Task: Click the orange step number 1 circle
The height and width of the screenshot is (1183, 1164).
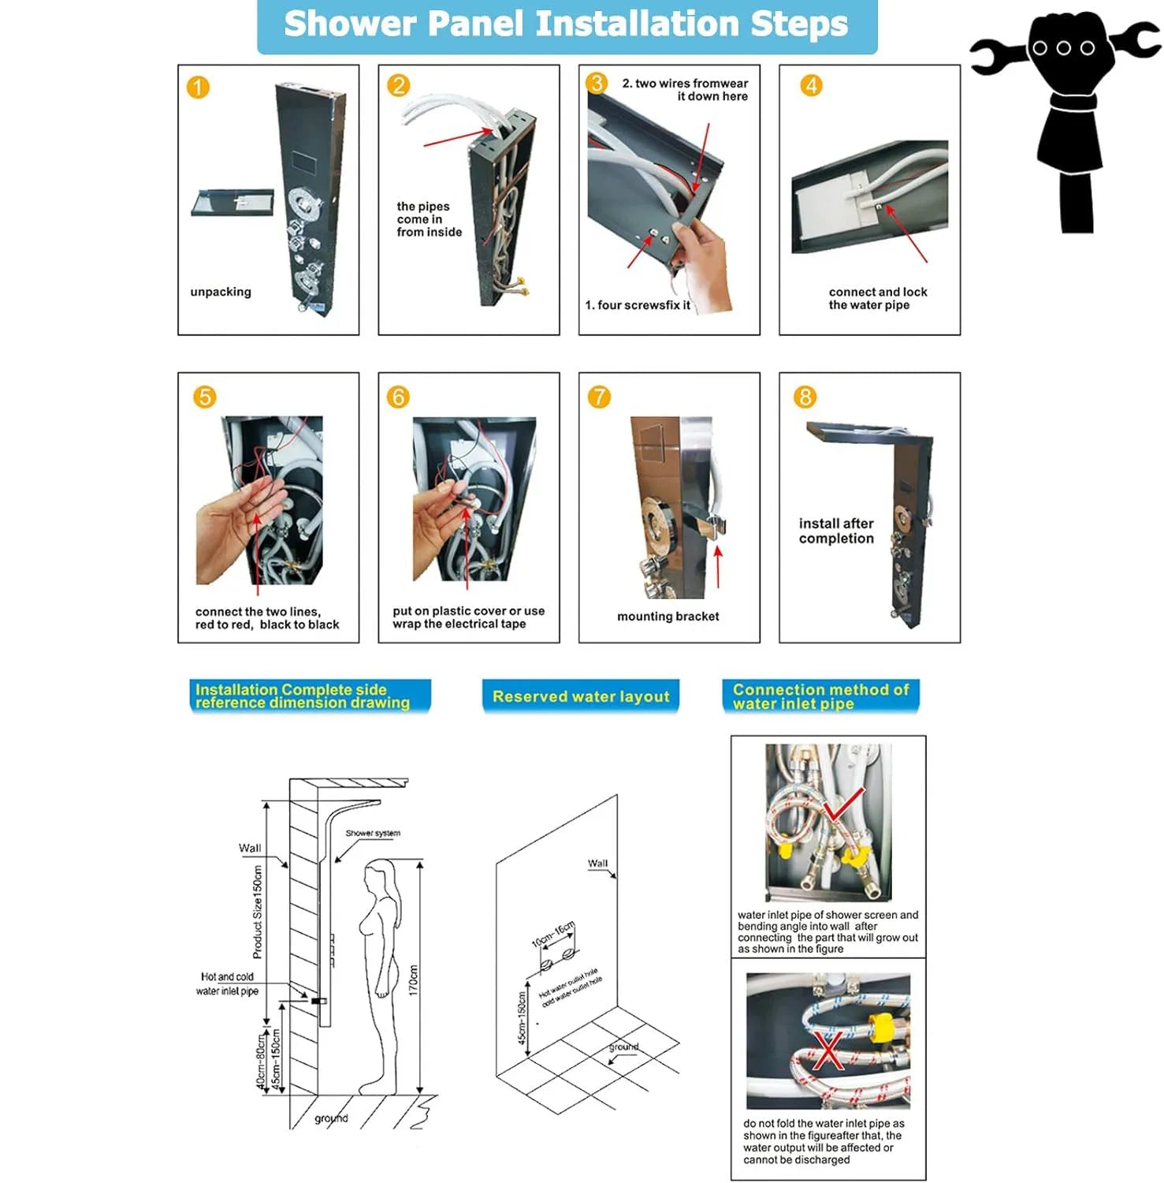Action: [198, 87]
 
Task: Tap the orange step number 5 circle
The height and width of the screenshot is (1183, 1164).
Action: [205, 397]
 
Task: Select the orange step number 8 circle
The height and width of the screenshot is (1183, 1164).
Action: [805, 397]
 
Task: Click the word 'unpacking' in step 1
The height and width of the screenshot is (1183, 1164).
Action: [221, 292]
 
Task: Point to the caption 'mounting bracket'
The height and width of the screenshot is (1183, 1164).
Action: [668, 617]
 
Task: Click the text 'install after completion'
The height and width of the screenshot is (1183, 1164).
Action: [836, 531]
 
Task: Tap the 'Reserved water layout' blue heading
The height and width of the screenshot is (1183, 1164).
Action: [581, 696]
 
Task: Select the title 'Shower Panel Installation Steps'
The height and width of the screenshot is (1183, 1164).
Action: [566, 24]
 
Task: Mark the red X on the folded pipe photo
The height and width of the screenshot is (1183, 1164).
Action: [827, 1051]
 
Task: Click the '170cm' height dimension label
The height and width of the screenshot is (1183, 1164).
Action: [413, 980]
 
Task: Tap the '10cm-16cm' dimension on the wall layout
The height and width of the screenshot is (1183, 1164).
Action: [553, 934]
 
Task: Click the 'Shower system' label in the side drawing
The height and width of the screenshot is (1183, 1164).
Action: [373, 833]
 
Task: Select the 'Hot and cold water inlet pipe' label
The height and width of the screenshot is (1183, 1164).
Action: [228, 983]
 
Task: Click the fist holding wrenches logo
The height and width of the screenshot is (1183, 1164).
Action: [1064, 118]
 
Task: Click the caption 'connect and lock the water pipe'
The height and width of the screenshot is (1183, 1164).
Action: [877, 298]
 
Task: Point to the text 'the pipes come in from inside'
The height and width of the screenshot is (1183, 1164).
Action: [428, 219]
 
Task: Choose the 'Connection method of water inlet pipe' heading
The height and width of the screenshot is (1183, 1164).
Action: [820, 696]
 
